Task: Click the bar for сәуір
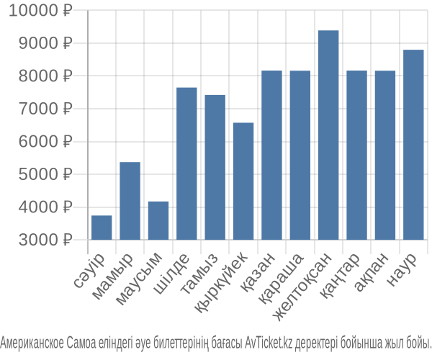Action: pos(102,228)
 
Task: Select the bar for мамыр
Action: pos(130,201)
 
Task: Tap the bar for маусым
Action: pos(158,220)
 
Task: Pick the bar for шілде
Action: pos(186,163)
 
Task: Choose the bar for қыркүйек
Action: pos(243,181)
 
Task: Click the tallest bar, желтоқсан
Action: pos(328,135)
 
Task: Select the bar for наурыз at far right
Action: pos(413,145)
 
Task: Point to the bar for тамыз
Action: pos(215,168)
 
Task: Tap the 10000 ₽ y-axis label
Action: pos(40,11)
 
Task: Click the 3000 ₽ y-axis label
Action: pos(45,240)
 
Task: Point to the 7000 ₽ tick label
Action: pos(45,109)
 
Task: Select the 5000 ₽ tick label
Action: pos(45,174)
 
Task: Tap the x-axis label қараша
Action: pos(282,279)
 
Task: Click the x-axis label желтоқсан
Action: pos(302,287)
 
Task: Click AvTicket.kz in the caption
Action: pos(269,343)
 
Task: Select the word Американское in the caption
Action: pos(32,343)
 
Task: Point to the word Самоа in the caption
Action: pos(81,343)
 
